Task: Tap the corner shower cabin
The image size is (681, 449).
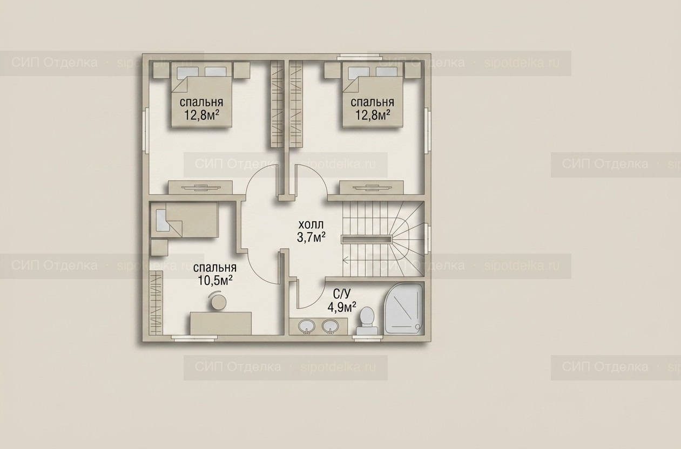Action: point(403,309)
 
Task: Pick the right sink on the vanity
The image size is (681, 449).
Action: point(330,327)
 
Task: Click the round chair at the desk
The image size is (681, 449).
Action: point(218,302)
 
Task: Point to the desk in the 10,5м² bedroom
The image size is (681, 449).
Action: point(220,324)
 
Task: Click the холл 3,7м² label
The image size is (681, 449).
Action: point(311,232)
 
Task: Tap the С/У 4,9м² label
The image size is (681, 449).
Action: point(342,301)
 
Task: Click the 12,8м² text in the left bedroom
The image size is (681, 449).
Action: point(202,115)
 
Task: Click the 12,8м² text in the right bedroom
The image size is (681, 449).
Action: point(373,115)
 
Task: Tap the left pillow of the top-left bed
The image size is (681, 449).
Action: point(188,72)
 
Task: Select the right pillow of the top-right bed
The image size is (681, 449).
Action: point(387,72)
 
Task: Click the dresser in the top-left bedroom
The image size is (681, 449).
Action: point(200,187)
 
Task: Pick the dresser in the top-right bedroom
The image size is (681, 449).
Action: point(372,187)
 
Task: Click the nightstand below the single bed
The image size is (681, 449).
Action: point(160,248)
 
